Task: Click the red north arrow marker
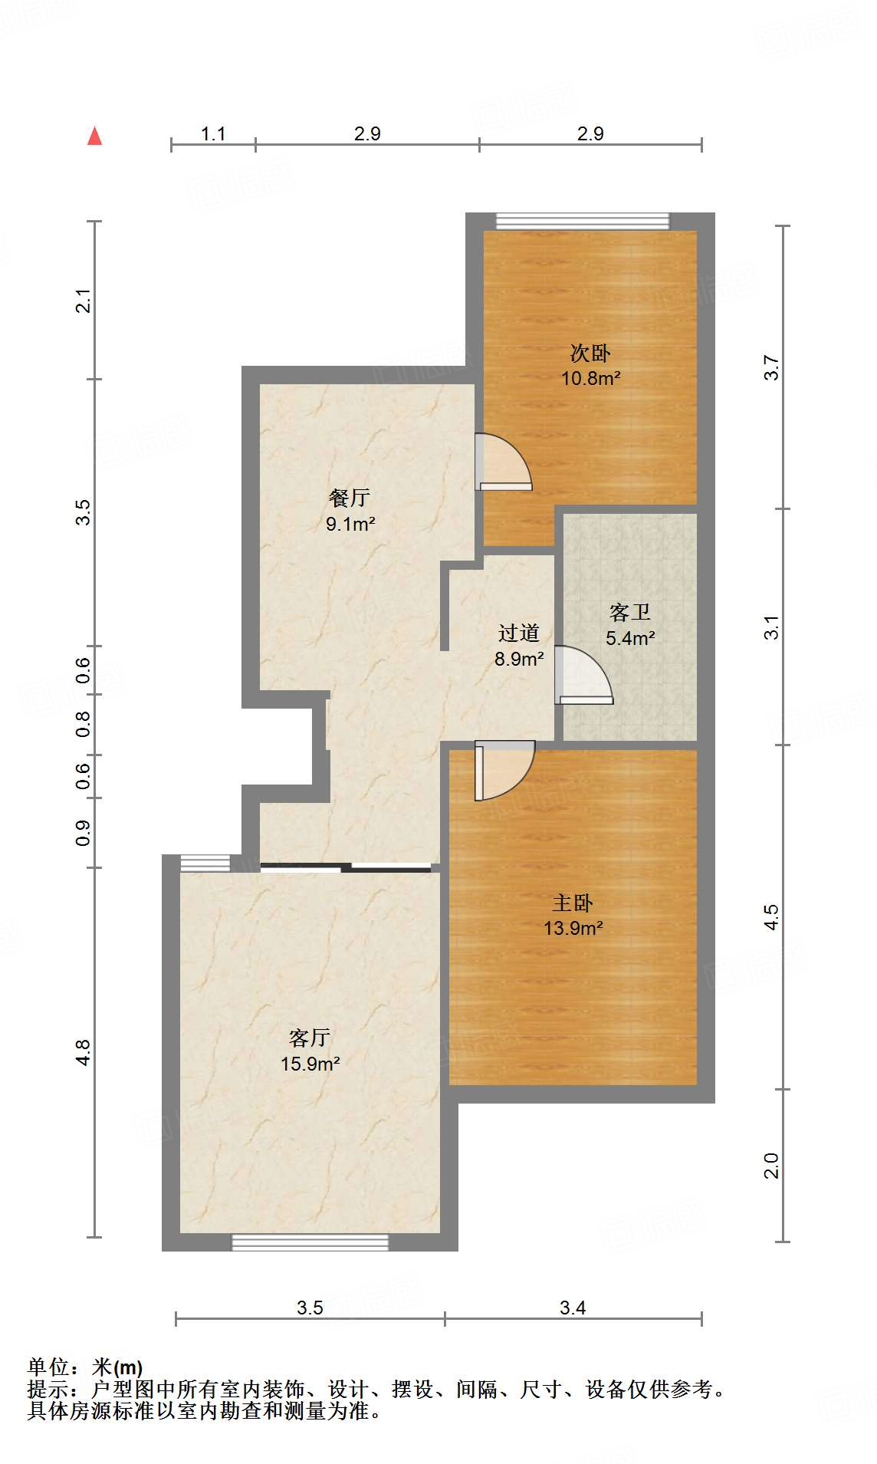coord(94,137)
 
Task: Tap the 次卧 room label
coord(590,353)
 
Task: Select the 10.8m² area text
coord(590,378)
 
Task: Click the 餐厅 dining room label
coord(349,498)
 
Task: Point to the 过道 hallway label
coord(518,633)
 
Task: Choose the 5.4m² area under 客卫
coord(629,638)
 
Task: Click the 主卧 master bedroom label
coord(572,903)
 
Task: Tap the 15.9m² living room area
coord(310,1064)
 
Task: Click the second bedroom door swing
coord(502,462)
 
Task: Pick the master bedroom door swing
coord(502,769)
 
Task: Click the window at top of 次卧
coord(582,222)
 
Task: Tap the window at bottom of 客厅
coord(310,1242)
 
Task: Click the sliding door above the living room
coord(346,867)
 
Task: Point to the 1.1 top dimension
coord(212,133)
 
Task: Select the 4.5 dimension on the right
coord(770,916)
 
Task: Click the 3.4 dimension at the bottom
coord(572,1308)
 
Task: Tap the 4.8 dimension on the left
coord(83,1051)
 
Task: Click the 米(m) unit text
coord(117,1367)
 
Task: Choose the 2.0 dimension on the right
coord(770,1165)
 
